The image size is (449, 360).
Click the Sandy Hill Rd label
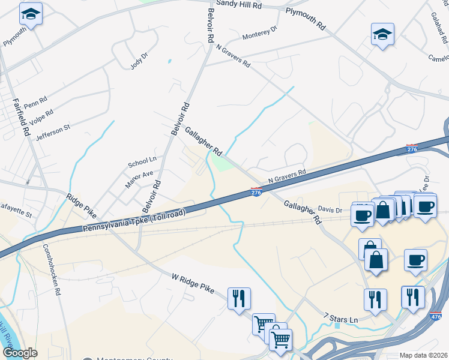point(241,4)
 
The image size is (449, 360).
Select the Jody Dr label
point(139,61)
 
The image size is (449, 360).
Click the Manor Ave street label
point(139,179)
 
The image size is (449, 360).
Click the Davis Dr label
point(330,209)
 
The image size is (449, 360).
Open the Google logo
point(20,352)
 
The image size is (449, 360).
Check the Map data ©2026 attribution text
point(423,355)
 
